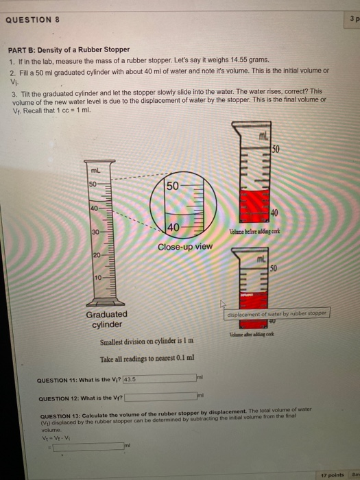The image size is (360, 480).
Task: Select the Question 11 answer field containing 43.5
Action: (158, 378)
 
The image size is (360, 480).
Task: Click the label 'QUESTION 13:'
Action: (60, 415)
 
